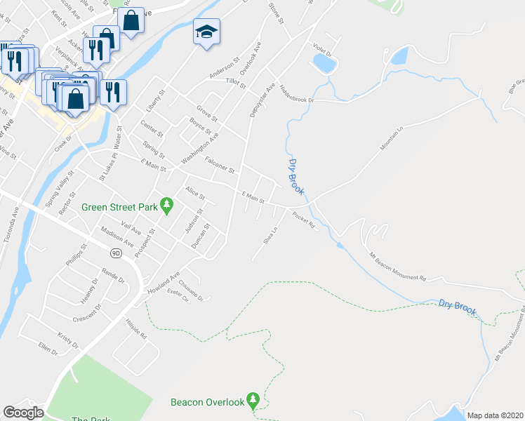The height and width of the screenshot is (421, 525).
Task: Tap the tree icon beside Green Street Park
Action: click(x=166, y=206)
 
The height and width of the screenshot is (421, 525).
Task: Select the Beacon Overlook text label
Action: click(x=207, y=402)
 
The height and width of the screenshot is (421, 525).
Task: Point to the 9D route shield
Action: click(x=117, y=250)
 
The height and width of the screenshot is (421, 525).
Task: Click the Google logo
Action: click(x=23, y=413)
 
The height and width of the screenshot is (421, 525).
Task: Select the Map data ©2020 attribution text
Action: click(x=495, y=415)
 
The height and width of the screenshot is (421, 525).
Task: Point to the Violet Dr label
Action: click(x=321, y=50)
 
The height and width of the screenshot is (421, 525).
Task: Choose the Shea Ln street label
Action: click(x=270, y=232)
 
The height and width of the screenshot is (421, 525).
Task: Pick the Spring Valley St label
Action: click(x=59, y=189)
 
